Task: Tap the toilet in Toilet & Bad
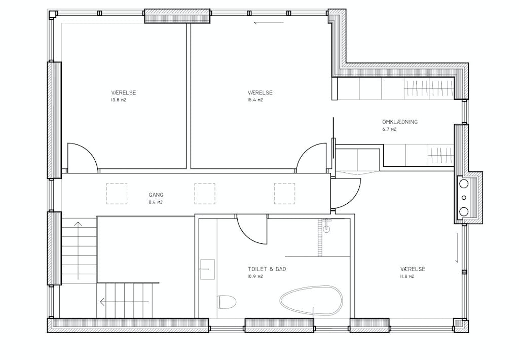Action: [x=227, y=302]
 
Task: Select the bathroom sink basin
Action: [x=207, y=269]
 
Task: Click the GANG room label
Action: [x=156, y=195]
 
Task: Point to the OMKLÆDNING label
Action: [x=400, y=122]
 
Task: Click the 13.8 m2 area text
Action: [x=119, y=100]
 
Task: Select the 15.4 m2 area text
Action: [x=255, y=100]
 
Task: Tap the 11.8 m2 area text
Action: [x=407, y=276]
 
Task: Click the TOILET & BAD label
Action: [x=267, y=269]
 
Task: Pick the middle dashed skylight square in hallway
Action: [x=205, y=193]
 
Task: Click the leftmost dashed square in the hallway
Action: [x=117, y=193]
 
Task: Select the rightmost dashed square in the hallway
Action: [x=284, y=193]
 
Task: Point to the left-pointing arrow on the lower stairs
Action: [x=125, y=302]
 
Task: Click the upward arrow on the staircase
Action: [x=78, y=250]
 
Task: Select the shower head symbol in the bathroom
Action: [x=327, y=228]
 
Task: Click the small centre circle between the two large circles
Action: [x=464, y=198]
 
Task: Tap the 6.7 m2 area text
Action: [x=389, y=129]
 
